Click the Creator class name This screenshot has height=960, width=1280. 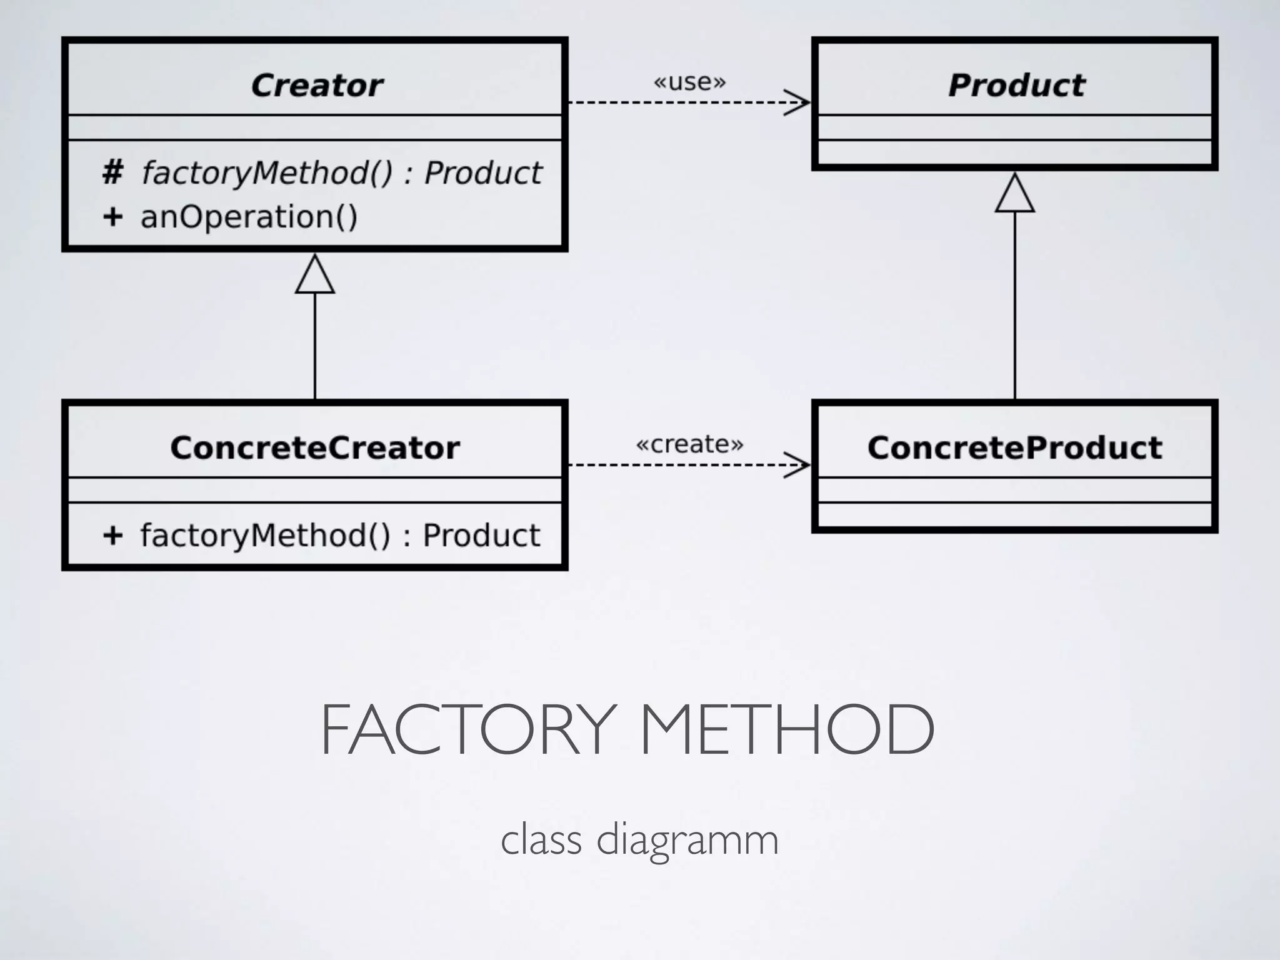click(x=317, y=86)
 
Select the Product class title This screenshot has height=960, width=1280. click(x=1016, y=86)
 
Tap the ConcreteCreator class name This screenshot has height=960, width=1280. click(x=315, y=448)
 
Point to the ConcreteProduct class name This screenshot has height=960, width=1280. click(x=1014, y=448)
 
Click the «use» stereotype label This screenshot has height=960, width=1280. click(x=689, y=82)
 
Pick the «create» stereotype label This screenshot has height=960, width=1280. click(x=689, y=444)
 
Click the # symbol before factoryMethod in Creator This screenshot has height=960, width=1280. click(x=112, y=172)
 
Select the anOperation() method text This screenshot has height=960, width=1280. click(x=249, y=217)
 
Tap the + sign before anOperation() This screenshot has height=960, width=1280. click(x=112, y=217)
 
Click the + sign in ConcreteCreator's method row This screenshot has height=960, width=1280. click(x=112, y=536)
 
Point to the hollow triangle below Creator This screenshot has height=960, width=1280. click(x=315, y=276)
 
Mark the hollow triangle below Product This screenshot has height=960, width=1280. click(x=1014, y=194)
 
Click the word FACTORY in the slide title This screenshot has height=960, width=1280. click(x=469, y=729)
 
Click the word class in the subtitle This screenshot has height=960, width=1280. click(x=541, y=839)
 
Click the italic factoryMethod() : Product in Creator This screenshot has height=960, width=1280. click(x=341, y=173)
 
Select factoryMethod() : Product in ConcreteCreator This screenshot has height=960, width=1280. click(x=340, y=536)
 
